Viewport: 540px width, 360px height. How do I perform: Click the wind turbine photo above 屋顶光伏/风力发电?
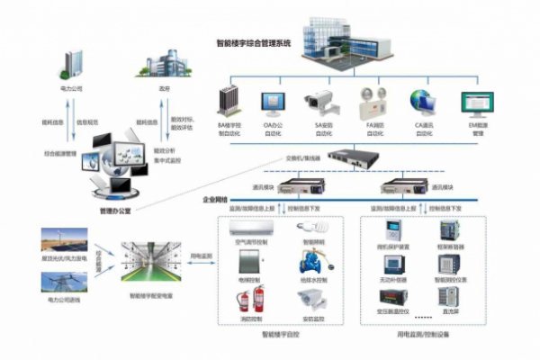[63, 241]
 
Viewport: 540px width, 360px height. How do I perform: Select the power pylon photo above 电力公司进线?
[63, 282]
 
